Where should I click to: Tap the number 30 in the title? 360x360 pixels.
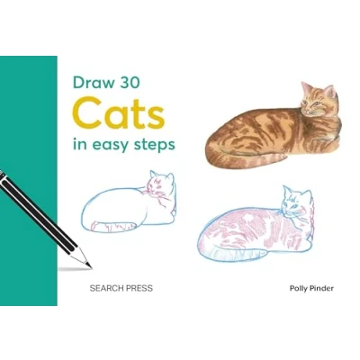pyautogui.click(x=130, y=83)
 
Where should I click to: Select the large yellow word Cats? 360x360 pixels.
pyautogui.click(x=118, y=112)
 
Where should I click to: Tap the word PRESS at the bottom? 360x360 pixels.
pyautogui.click(x=139, y=288)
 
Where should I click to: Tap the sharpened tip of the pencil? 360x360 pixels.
pyautogui.click(x=89, y=265)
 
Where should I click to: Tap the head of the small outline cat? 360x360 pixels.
pyautogui.click(x=161, y=185)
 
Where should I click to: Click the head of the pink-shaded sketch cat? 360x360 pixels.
pyautogui.click(x=296, y=202)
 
